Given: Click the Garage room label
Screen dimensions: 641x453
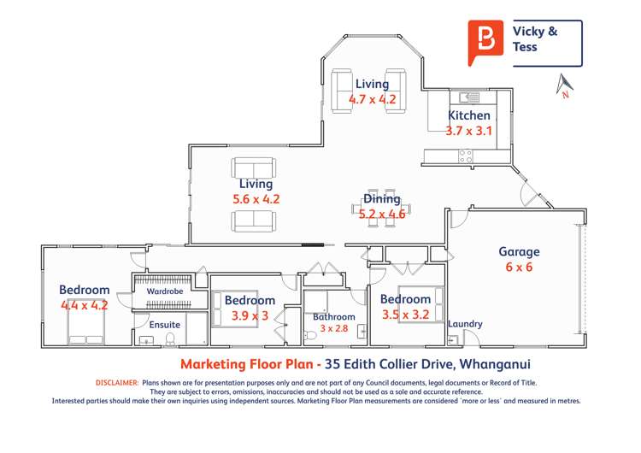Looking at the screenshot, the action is click(x=519, y=252).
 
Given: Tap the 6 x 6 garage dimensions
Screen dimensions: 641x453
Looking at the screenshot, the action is click(x=519, y=267).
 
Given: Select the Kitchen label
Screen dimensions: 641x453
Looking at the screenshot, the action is click(x=469, y=115).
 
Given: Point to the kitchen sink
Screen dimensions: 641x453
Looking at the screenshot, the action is click(x=469, y=97).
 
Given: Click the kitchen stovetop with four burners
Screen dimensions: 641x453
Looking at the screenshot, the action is click(x=466, y=156).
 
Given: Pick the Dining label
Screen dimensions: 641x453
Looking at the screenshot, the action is click(x=382, y=199).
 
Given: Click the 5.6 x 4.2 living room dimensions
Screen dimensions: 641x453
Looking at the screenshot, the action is click(x=256, y=199).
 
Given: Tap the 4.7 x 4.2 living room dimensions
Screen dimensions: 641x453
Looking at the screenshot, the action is click(x=373, y=99).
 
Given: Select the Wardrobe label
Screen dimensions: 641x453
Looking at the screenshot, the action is click(x=165, y=291).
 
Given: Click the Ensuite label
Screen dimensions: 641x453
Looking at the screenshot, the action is click(x=165, y=325).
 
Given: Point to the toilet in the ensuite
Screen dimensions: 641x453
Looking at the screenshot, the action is click(x=170, y=338).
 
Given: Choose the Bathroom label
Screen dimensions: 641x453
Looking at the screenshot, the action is click(x=334, y=317).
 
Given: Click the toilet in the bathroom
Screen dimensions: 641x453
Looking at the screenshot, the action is click(x=311, y=336).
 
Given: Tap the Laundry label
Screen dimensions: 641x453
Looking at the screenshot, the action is click(x=465, y=324).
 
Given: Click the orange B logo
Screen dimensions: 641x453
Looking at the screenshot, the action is click(x=485, y=42).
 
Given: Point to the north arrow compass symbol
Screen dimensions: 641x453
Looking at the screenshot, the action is click(x=565, y=85).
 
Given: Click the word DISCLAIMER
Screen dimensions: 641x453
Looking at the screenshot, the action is click(x=117, y=383).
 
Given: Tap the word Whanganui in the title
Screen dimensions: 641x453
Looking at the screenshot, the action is click(x=495, y=364).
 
